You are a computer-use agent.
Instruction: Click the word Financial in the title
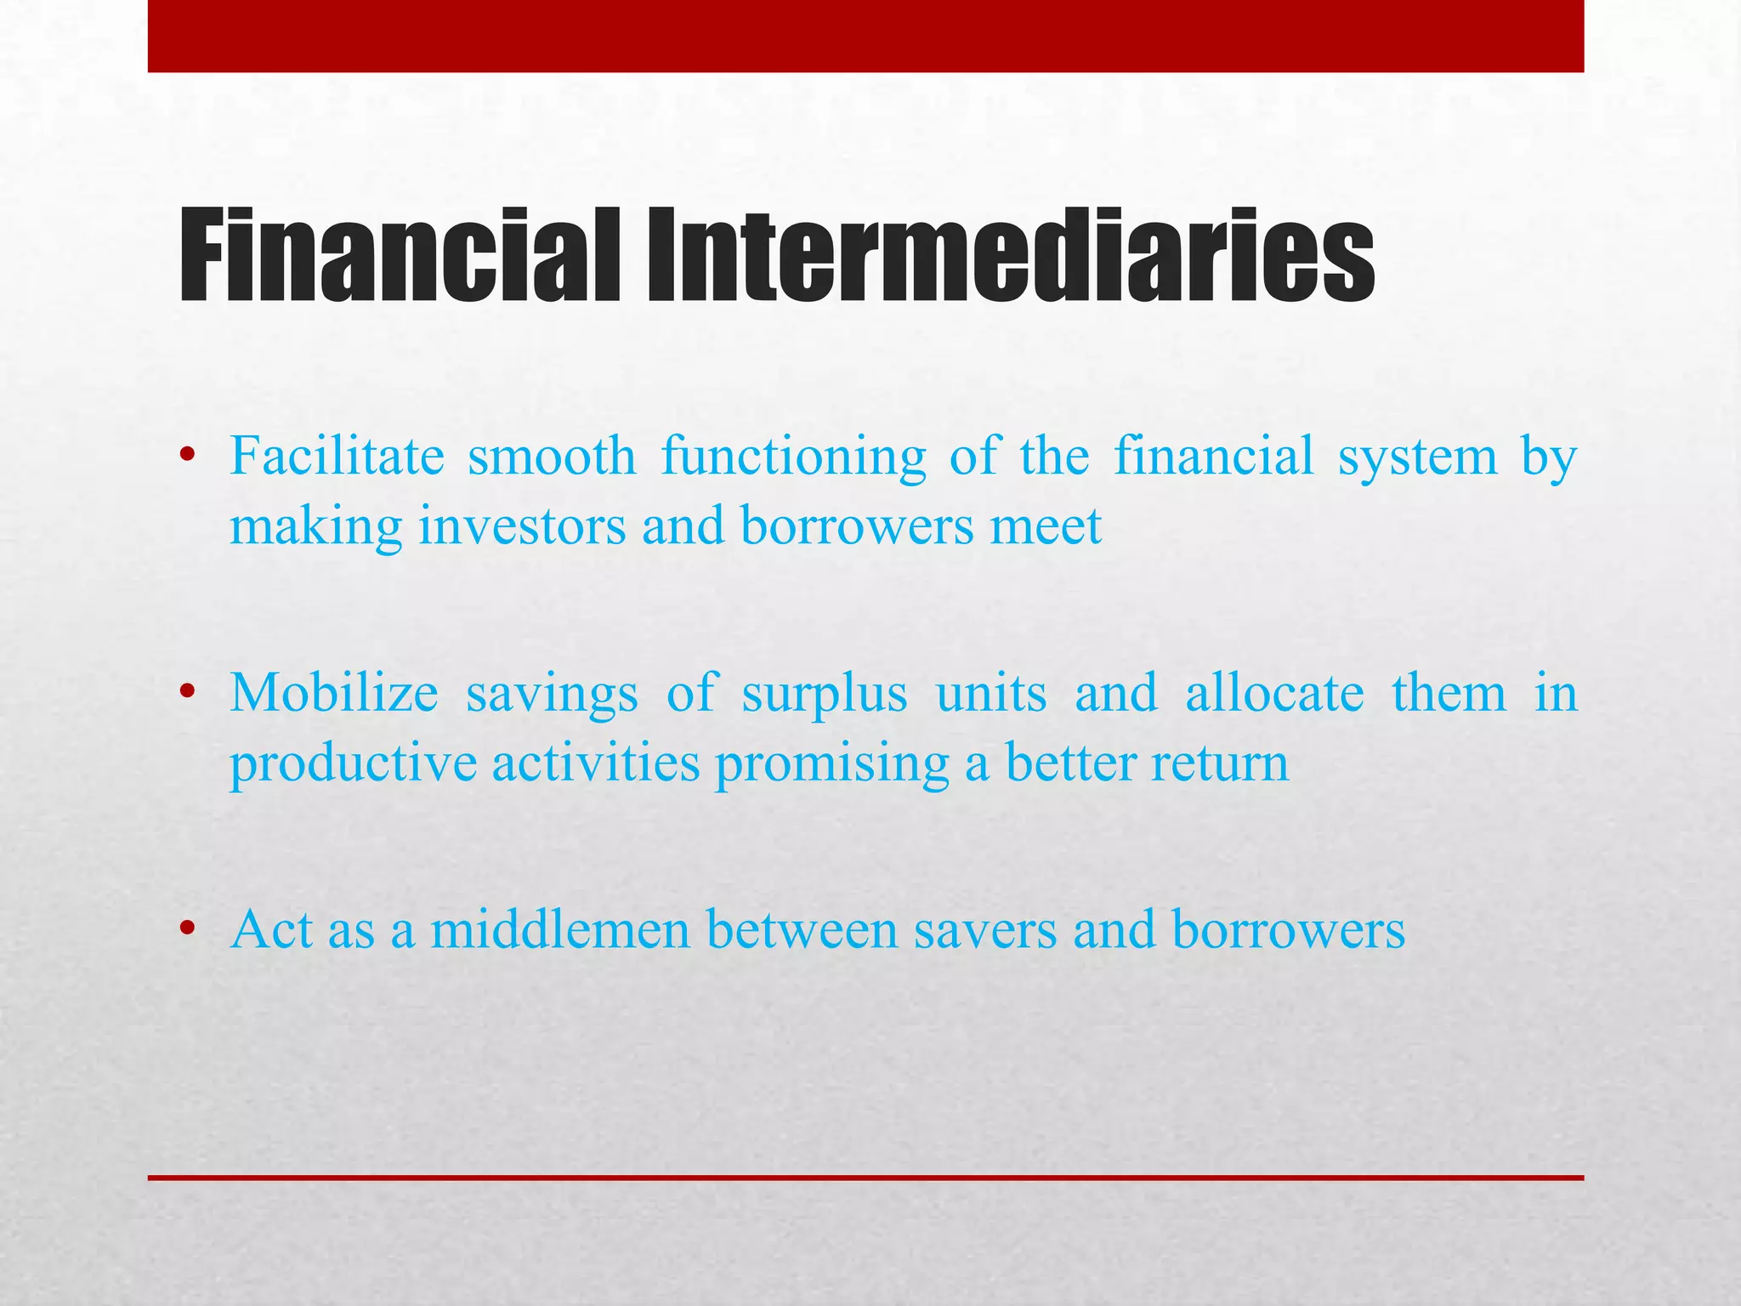pyautogui.click(x=400, y=255)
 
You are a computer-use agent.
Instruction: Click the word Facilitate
pyautogui.click(x=337, y=456)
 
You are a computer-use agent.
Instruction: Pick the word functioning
pyautogui.click(x=793, y=457)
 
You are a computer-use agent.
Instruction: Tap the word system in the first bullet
pyautogui.click(x=1417, y=457)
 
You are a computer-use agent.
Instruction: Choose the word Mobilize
pyautogui.click(x=334, y=692)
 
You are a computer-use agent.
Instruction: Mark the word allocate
pyautogui.click(x=1274, y=692)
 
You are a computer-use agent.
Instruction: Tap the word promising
pyautogui.click(x=831, y=764)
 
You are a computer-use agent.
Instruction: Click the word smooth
pyautogui.click(x=552, y=456)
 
